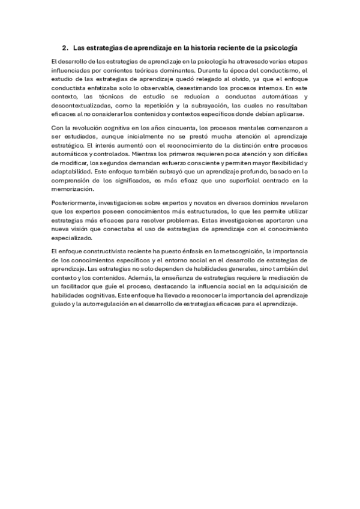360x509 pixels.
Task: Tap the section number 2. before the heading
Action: point(65,47)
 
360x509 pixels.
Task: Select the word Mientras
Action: point(145,154)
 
